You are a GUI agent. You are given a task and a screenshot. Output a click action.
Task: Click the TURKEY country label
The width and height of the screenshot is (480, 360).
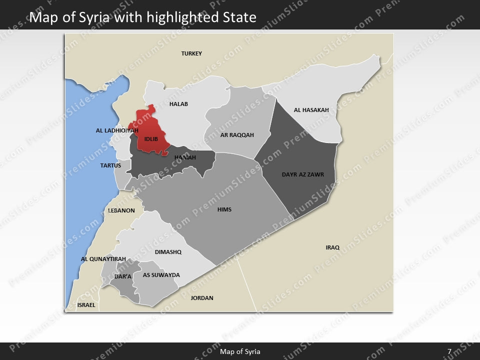(x=191, y=53)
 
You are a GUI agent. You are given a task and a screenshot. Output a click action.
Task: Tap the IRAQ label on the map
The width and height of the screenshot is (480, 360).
(x=332, y=247)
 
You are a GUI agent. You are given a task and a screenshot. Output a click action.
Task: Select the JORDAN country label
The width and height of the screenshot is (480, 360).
(x=202, y=298)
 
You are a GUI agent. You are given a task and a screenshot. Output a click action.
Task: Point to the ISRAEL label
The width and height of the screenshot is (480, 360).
(x=86, y=305)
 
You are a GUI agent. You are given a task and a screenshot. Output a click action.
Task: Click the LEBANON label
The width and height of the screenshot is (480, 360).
(x=121, y=210)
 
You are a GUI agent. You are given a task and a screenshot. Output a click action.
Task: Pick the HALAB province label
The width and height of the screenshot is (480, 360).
(x=178, y=104)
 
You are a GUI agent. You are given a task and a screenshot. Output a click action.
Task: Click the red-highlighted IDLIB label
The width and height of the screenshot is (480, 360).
(x=151, y=138)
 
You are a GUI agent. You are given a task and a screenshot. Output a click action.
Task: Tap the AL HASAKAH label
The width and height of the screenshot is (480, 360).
(x=311, y=110)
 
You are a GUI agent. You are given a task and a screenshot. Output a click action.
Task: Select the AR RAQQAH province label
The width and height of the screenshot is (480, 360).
(x=237, y=135)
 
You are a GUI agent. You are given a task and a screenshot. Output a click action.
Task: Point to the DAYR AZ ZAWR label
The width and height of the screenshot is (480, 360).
(x=303, y=174)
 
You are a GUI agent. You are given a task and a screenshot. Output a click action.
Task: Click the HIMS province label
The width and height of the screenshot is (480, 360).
(x=224, y=209)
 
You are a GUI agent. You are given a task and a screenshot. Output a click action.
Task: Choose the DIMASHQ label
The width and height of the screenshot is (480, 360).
(x=168, y=252)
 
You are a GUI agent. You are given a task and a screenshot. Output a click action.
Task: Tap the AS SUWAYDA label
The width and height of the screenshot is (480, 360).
(x=161, y=275)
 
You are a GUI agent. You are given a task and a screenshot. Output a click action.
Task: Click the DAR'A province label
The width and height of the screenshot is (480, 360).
(x=123, y=276)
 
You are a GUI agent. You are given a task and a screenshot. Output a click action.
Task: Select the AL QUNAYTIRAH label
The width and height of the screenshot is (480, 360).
(x=103, y=259)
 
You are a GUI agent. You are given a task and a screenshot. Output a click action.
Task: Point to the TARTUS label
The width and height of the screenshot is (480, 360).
(x=110, y=165)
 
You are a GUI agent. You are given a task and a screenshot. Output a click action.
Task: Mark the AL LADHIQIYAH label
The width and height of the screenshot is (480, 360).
(x=117, y=130)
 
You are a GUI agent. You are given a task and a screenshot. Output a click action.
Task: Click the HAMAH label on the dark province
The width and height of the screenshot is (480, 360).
(x=185, y=157)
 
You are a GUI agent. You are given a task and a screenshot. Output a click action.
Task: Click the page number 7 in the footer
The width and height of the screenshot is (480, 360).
(x=449, y=351)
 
